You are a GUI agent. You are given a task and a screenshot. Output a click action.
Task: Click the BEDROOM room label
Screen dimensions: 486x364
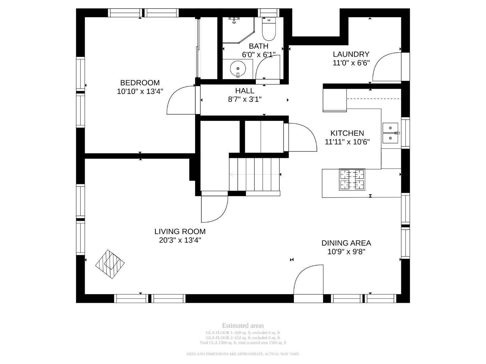coord(140,83)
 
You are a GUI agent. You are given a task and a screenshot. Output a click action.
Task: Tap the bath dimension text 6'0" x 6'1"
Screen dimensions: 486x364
coord(259,55)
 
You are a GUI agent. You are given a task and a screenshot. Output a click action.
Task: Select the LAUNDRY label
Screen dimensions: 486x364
coord(351,54)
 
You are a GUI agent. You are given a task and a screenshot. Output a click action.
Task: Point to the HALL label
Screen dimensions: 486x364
coord(244,91)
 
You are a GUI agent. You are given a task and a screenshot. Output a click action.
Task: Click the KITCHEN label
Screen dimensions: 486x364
coord(347,133)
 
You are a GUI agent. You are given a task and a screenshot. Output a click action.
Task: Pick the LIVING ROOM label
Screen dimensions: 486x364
coord(180,232)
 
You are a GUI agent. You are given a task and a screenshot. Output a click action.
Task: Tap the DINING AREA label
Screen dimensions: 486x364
coord(346,243)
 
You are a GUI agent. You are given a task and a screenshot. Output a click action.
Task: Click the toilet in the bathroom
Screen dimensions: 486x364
coord(269,29)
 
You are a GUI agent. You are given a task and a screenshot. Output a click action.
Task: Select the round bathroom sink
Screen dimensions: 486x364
coord(238,69)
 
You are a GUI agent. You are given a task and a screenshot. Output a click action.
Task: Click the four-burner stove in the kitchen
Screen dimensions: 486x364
coord(352,179)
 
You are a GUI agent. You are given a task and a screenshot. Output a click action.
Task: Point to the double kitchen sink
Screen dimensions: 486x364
coord(391,133)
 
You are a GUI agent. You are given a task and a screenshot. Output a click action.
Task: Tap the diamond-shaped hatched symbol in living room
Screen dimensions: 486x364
coord(110,264)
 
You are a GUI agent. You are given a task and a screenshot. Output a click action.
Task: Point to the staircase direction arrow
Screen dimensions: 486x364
coord(254,174)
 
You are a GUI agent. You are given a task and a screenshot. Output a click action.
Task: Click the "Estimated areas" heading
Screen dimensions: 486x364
coord(243,326)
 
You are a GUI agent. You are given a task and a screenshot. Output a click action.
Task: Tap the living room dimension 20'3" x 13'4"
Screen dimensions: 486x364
coord(180,240)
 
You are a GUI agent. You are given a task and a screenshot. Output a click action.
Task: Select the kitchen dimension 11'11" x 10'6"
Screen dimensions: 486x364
coord(347,142)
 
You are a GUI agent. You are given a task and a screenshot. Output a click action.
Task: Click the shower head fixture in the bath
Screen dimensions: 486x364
coord(234,20)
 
